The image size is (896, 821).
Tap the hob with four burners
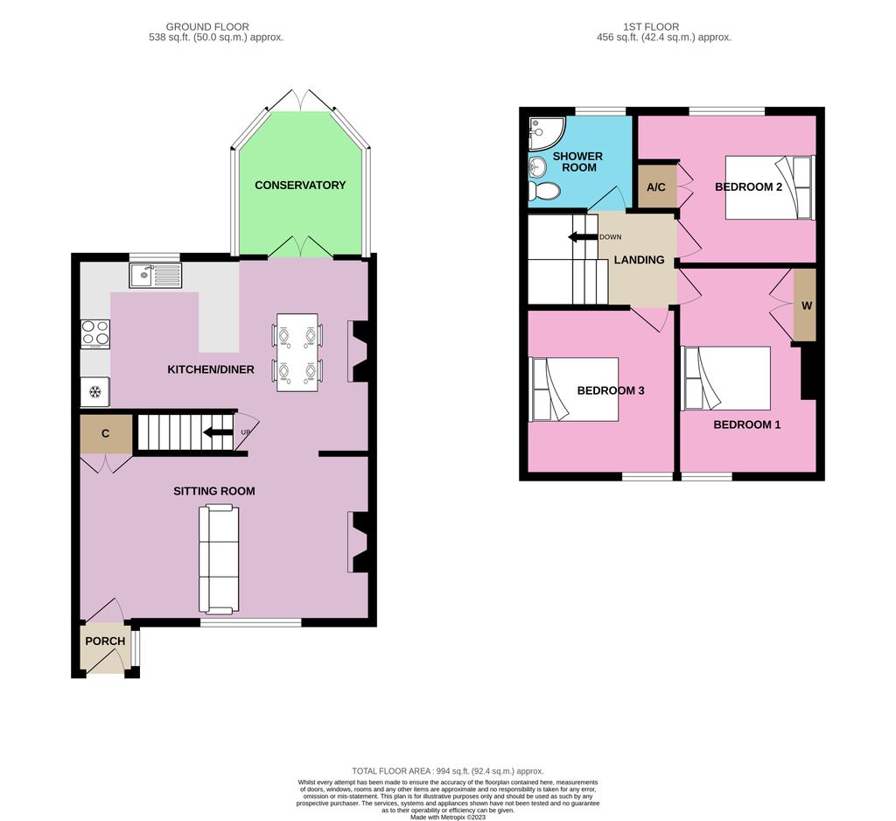tap(95, 333)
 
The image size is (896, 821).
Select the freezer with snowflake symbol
tap(95, 391)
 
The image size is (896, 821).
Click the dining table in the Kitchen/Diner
tap(297, 352)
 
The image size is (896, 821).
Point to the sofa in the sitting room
tap(219, 559)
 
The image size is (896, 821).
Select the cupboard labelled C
tap(105, 434)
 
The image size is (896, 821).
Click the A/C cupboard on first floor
tap(656, 186)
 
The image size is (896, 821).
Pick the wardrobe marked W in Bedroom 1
tap(805, 305)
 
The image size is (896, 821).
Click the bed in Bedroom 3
tap(574, 389)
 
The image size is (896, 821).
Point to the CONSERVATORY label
tap(300, 186)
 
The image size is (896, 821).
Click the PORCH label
tap(105, 641)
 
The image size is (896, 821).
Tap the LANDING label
tap(639, 260)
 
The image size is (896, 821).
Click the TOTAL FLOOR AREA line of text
tap(448, 770)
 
